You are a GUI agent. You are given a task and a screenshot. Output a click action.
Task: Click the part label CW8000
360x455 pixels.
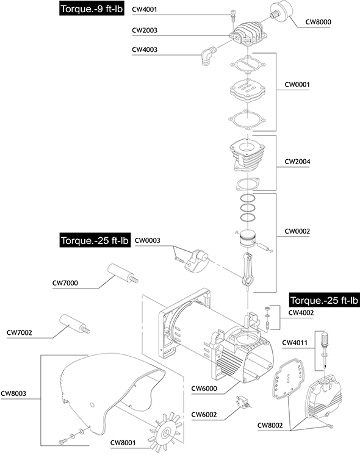click(x=318, y=22)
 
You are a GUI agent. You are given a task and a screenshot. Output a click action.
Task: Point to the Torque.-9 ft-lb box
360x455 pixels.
click(x=92, y=9)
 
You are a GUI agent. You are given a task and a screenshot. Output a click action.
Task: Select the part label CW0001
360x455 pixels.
click(x=297, y=85)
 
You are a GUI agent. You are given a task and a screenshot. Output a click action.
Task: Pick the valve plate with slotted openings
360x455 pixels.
click(x=248, y=90)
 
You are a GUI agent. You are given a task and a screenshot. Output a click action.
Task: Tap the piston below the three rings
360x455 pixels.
click(x=247, y=238)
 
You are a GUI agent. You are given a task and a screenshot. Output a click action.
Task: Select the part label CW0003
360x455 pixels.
click(x=148, y=240)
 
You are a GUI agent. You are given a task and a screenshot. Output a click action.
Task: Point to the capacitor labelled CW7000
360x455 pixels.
click(x=123, y=273)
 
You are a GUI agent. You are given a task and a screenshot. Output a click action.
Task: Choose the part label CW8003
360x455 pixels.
click(x=13, y=393)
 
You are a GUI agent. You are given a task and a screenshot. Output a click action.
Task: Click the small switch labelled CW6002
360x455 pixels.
click(x=243, y=402)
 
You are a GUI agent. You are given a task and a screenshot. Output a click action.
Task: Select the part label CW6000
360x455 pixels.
click(x=204, y=389)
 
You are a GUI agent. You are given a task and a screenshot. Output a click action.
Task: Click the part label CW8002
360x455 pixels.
click(x=270, y=425)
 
